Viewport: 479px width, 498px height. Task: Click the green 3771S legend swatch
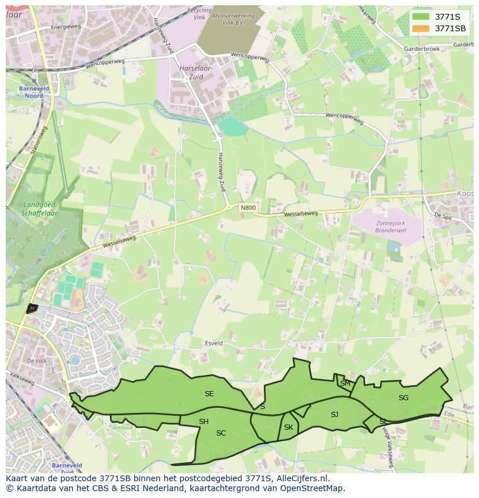[422, 17]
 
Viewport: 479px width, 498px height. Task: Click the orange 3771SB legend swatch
[422, 28]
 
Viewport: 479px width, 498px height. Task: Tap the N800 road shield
[248, 208]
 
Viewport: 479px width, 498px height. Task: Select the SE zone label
[209, 394]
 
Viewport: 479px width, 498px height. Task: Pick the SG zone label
[403, 398]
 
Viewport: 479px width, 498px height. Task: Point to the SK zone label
[289, 427]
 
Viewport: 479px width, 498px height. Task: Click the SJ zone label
[334, 415]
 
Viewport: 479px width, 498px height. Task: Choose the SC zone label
[221, 433]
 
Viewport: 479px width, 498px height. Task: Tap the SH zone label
[204, 422]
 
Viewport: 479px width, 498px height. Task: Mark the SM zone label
[345, 383]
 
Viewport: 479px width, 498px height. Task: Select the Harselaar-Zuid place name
[196, 72]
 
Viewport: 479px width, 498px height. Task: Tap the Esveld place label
[213, 344]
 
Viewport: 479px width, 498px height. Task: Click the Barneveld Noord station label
[34, 92]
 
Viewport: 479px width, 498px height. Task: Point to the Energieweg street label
[65, 27]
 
